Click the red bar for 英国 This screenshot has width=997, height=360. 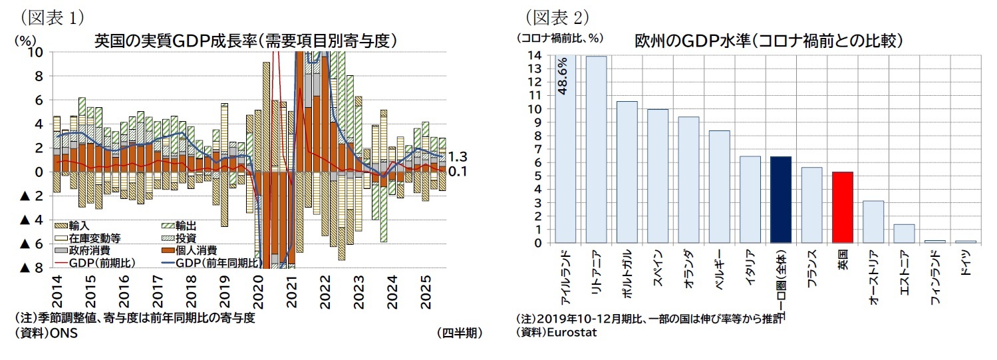coord(841,207)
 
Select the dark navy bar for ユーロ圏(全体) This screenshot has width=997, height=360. coord(780,200)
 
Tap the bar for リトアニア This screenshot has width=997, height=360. coord(596,149)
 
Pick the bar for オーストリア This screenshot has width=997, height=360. coord(873,222)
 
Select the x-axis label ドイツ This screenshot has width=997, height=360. coord(966,262)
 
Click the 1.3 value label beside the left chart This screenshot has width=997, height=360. coord(458,157)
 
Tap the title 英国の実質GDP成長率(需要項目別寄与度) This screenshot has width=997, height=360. coord(245,41)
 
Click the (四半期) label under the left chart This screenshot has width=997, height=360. coord(460,333)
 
